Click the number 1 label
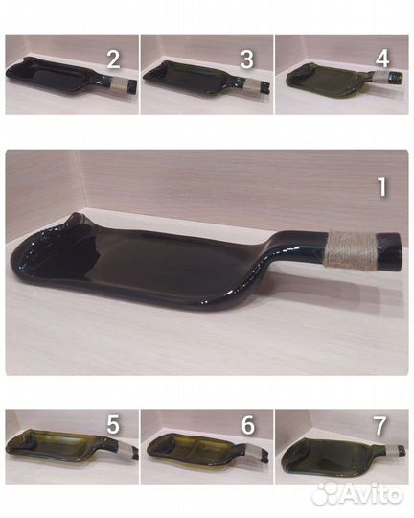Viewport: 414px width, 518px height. click(382, 187)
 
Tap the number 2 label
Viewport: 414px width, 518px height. click(113, 59)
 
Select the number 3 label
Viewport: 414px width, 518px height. click(247, 59)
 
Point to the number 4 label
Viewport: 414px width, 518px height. click(382, 59)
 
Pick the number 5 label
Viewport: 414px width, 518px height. click(113, 425)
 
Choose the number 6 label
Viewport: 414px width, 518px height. click(247, 425)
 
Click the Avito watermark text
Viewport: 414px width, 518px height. click(372, 495)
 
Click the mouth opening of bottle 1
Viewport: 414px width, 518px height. click(401, 247)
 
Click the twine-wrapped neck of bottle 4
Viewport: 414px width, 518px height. click(380, 76)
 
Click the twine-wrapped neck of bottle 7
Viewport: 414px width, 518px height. click(392, 450)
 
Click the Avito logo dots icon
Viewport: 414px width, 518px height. click(325, 494)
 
